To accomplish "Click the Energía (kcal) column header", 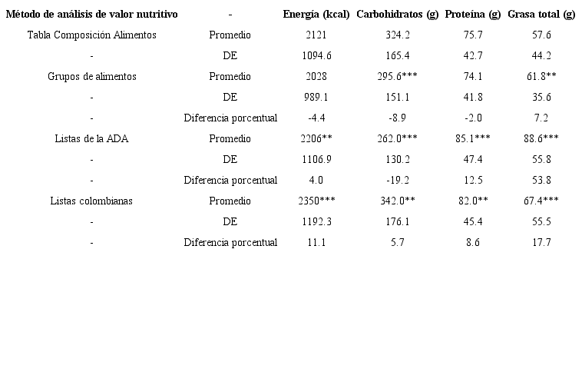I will pyautogui.click(x=316, y=15).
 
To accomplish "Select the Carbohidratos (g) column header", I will pyautogui.click(x=397, y=15).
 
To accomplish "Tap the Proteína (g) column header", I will pyautogui.click(x=472, y=15).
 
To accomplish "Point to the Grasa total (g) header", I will pyautogui.click(x=541, y=15).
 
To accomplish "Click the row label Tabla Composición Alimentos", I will pyautogui.click(x=91, y=35).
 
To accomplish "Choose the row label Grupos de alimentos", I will pyautogui.click(x=91, y=77).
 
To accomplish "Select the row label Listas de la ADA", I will pyautogui.click(x=91, y=139).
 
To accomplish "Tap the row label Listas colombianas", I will pyautogui.click(x=91, y=201).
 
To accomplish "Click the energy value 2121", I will pyautogui.click(x=316, y=35).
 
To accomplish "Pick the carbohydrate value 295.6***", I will pyautogui.click(x=397, y=77).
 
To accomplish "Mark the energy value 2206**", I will pyautogui.click(x=316, y=139).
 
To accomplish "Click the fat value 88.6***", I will pyautogui.click(x=541, y=139).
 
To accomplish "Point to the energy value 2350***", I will pyautogui.click(x=316, y=201).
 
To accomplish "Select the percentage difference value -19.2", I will pyautogui.click(x=397, y=181).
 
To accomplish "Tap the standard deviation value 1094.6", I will pyautogui.click(x=316, y=56).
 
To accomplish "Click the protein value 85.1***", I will pyautogui.click(x=472, y=139).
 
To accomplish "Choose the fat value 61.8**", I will pyautogui.click(x=541, y=77).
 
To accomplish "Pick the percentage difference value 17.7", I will pyautogui.click(x=541, y=243).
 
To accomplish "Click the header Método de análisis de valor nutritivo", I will pyautogui.click(x=91, y=15).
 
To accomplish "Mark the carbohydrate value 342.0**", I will pyautogui.click(x=397, y=201).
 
